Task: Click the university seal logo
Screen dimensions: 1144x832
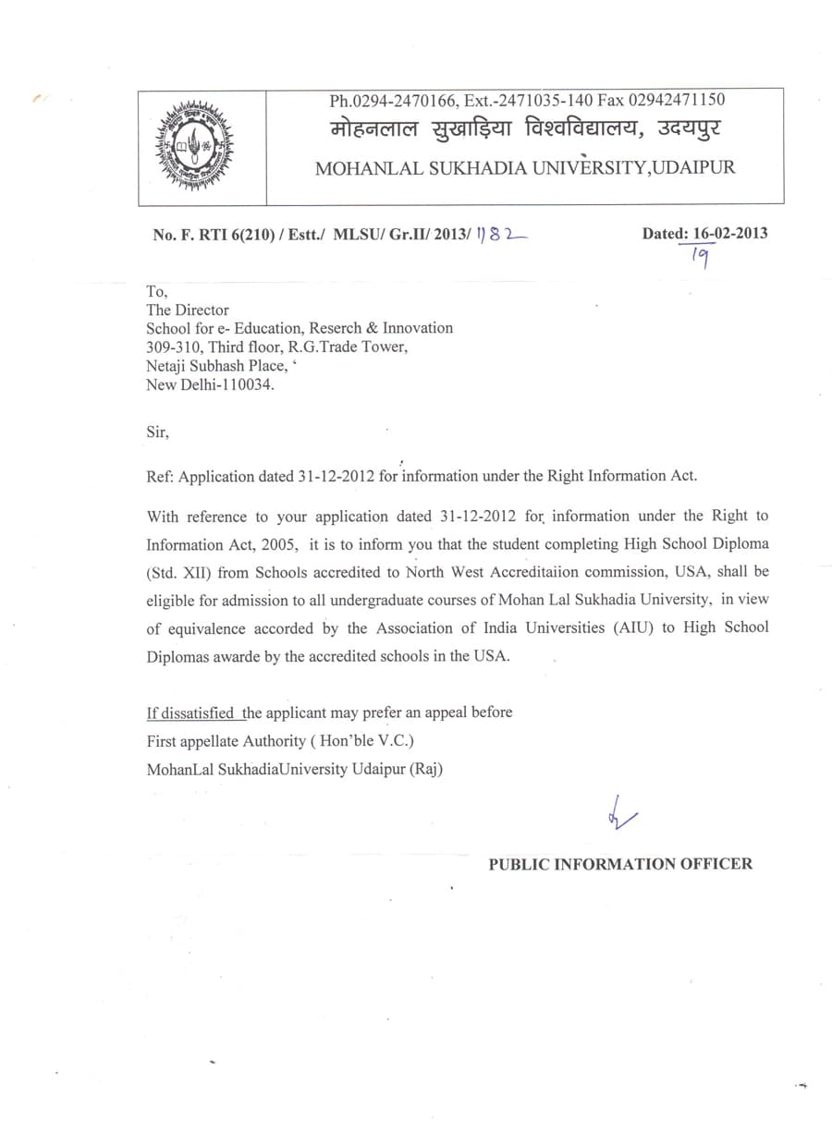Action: pos(194,147)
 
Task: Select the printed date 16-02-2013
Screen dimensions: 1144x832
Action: pos(729,234)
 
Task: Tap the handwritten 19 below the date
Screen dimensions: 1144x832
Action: pos(700,261)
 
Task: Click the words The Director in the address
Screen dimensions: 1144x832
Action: pos(188,310)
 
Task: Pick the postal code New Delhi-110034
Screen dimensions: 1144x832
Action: pos(210,385)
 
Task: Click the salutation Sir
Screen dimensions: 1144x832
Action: pos(157,432)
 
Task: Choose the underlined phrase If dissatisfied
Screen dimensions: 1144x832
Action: pos(189,713)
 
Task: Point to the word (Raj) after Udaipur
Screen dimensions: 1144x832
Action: pos(425,769)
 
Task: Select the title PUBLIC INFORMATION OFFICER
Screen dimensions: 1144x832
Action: pos(620,865)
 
